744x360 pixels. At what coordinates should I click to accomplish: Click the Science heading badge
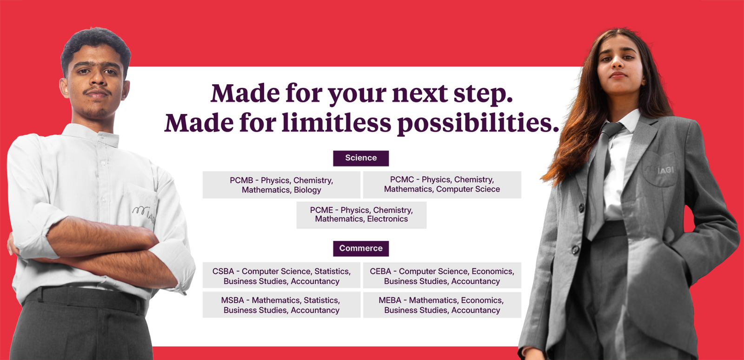pos(361,158)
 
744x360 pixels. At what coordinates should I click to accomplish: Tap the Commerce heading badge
pos(361,248)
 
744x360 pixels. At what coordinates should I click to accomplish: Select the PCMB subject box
pos(281,185)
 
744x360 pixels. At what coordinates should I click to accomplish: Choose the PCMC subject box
pos(442,185)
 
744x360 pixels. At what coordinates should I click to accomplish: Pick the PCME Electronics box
pos(361,215)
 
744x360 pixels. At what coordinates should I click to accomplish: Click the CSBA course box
pos(281,275)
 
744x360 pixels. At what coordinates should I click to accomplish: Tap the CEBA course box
pos(442,275)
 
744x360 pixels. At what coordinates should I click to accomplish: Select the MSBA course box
pos(281,305)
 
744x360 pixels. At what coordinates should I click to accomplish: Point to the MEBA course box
pos(442,305)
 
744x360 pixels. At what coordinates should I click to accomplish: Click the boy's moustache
pos(97,90)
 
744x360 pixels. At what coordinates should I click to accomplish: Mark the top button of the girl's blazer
pos(581,208)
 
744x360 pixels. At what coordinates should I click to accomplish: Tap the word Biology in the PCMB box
pos(307,190)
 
